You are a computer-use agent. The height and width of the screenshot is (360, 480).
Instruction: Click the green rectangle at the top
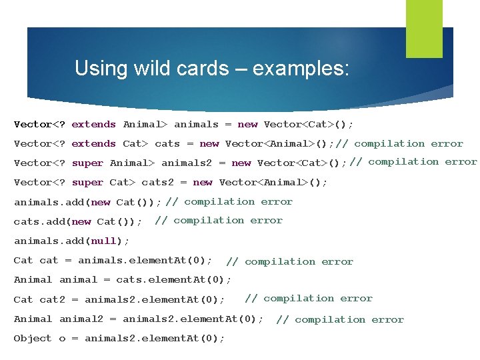point(424,28)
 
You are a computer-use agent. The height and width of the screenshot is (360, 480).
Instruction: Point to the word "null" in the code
point(103,241)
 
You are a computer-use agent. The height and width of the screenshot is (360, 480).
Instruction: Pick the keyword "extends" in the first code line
point(93,124)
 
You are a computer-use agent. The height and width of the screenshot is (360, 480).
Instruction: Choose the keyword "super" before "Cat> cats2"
point(87,182)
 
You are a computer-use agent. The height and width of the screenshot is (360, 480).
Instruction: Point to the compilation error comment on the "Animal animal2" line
point(340,319)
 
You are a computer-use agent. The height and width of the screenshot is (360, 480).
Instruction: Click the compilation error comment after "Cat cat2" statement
point(309,298)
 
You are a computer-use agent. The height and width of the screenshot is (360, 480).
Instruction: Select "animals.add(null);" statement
point(72,241)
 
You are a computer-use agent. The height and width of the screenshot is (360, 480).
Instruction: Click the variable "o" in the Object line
point(62,339)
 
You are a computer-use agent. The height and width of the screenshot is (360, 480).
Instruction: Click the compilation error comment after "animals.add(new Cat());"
point(229,201)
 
